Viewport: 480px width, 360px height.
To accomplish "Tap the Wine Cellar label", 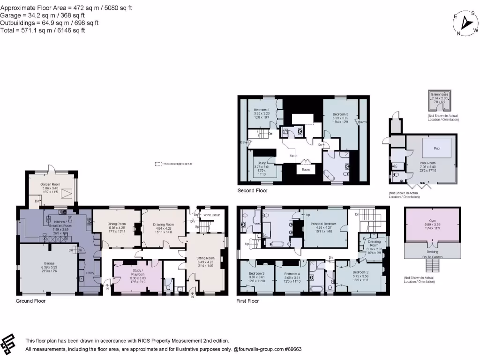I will (211, 215).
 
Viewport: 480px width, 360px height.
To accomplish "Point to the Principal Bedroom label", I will (324, 225).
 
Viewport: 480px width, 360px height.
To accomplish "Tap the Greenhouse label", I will (439, 94).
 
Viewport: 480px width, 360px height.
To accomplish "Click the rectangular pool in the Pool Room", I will (437, 149).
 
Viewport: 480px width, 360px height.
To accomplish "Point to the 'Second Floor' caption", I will (253, 191).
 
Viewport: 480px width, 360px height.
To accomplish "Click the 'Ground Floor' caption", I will (31, 301).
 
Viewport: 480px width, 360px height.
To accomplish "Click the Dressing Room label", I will (374, 243).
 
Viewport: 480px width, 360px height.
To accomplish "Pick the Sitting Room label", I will (206, 258).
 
